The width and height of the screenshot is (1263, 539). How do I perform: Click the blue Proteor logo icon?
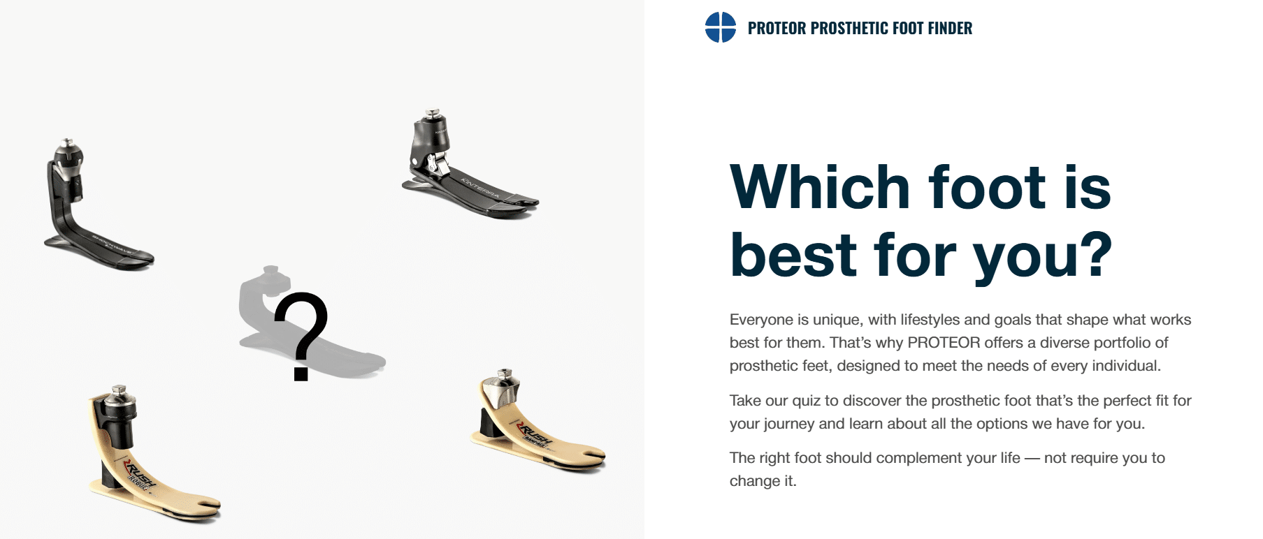point(720,28)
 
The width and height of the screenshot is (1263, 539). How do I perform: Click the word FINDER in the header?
point(950,29)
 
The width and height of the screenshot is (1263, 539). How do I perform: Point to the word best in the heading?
point(793,255)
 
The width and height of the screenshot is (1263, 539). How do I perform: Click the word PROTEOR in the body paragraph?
point(944,343)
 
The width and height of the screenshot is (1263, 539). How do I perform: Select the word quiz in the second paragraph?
point(806,401)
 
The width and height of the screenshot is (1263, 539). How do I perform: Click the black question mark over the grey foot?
point(301,335)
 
